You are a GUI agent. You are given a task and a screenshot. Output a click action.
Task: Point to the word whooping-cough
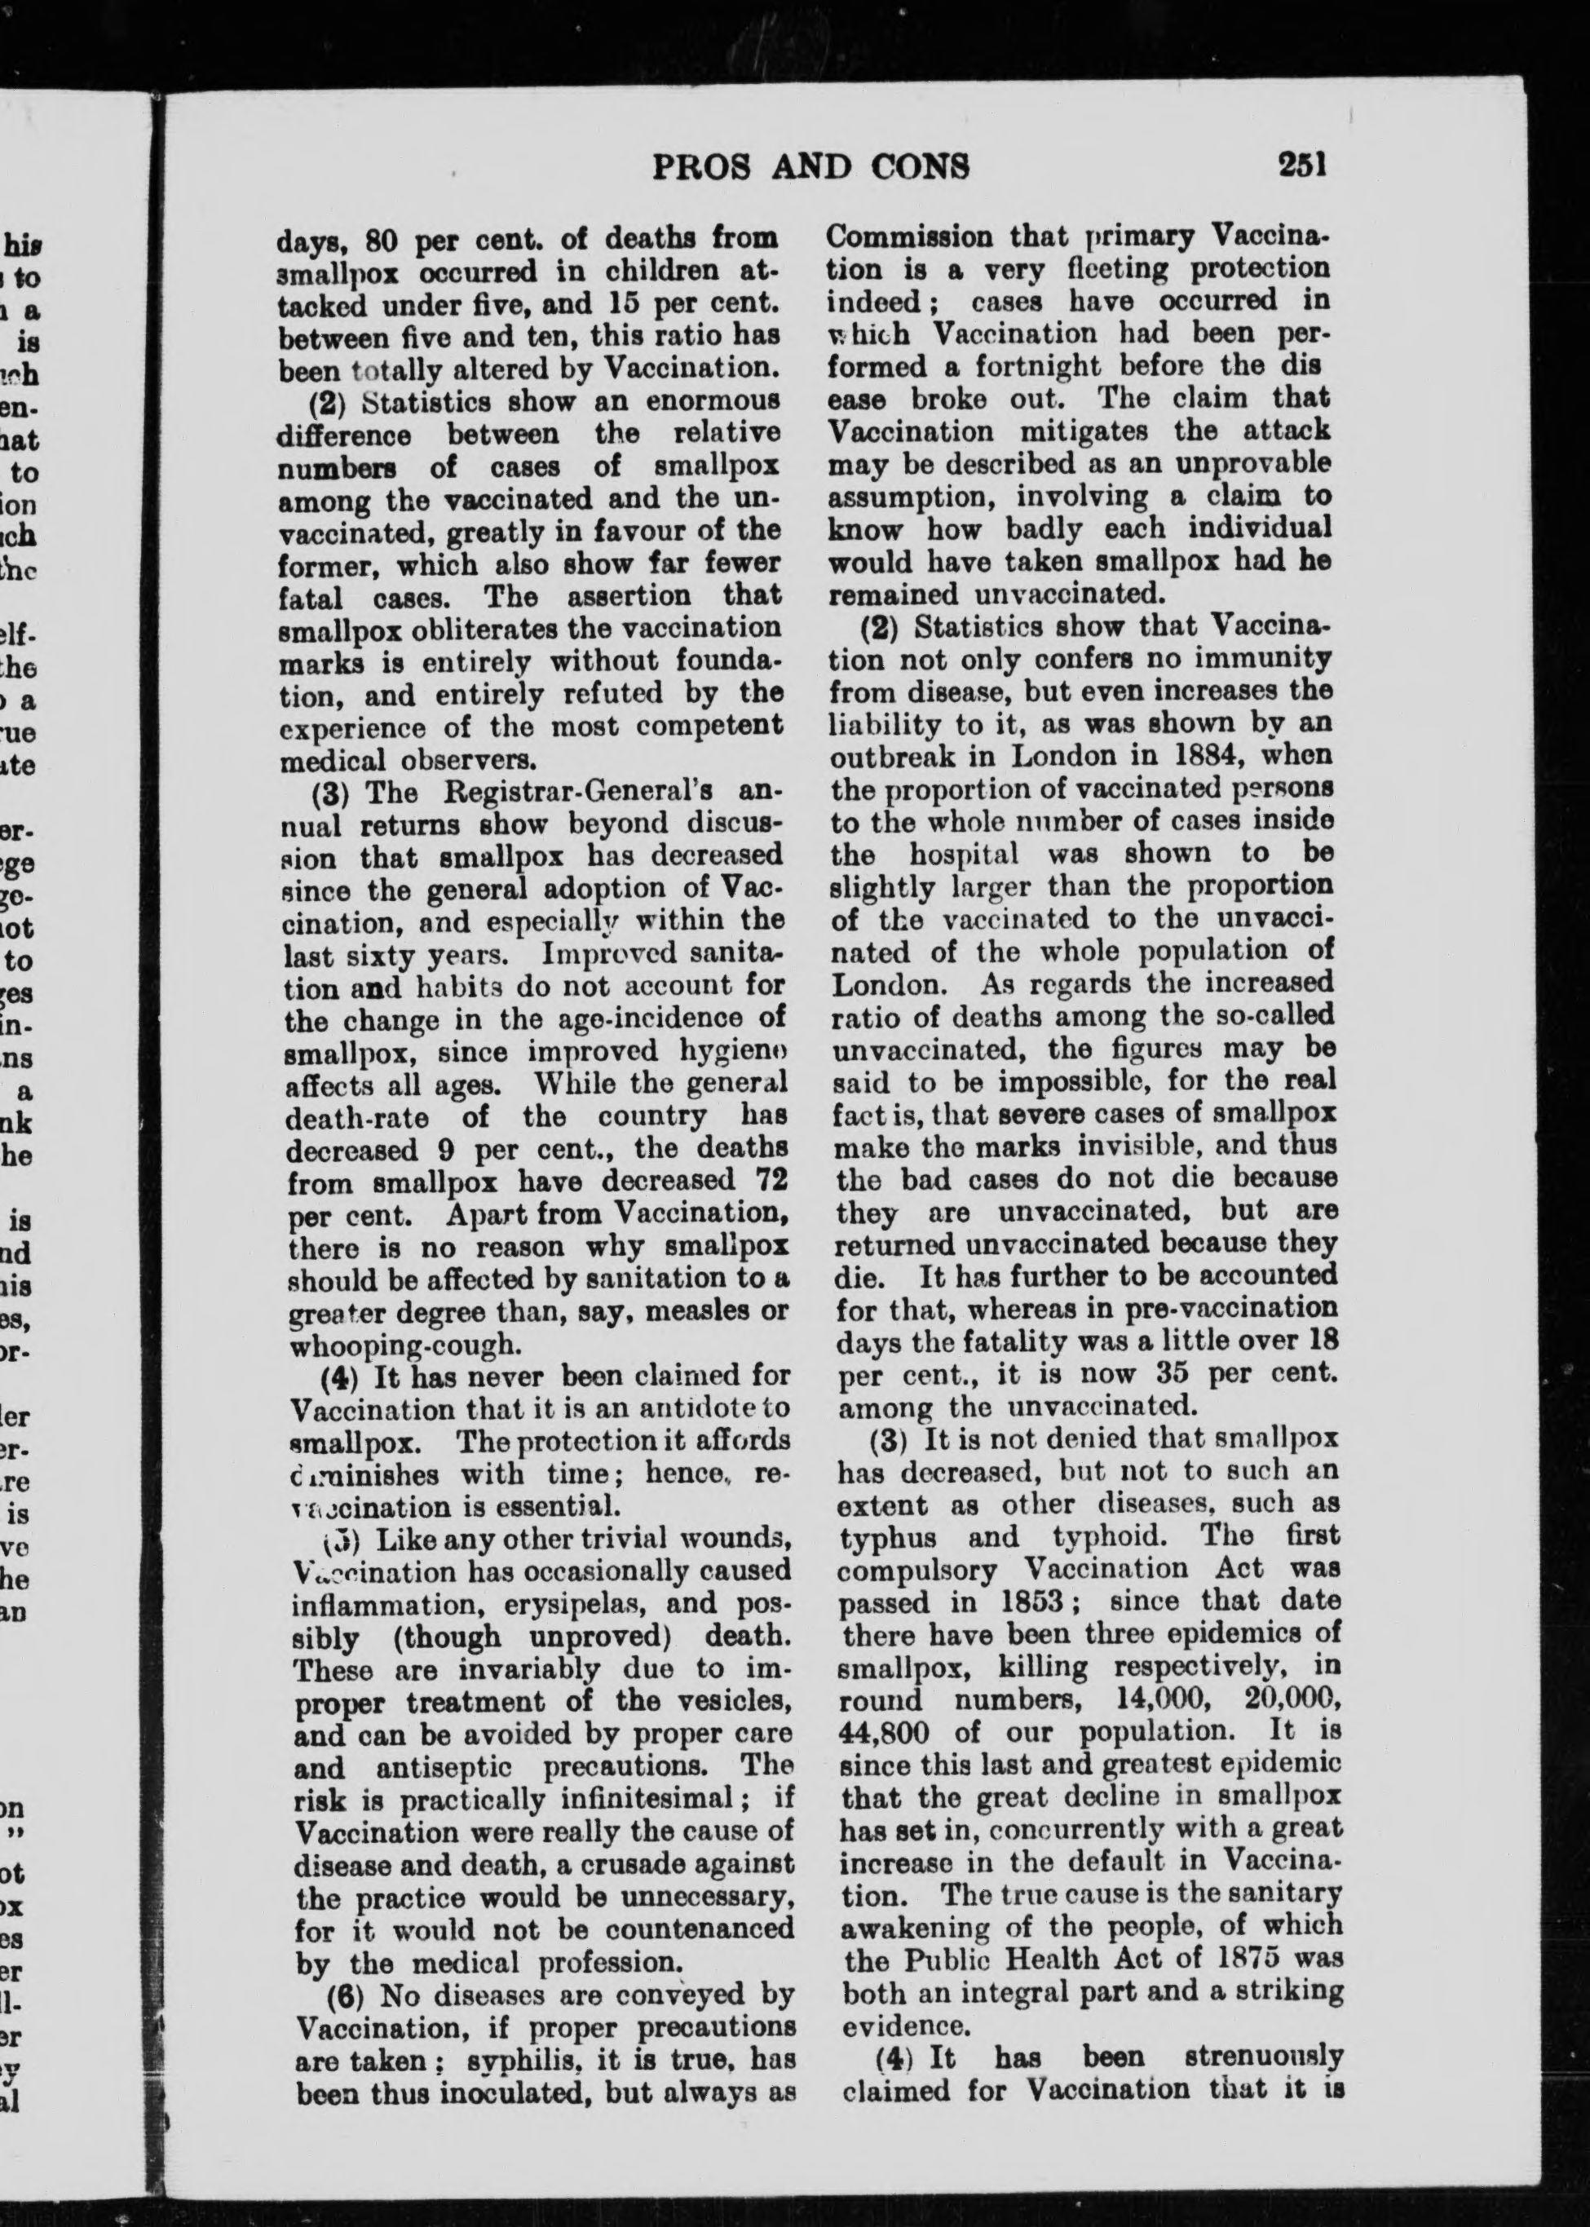pyautogui.click(x=404, y=1345)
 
